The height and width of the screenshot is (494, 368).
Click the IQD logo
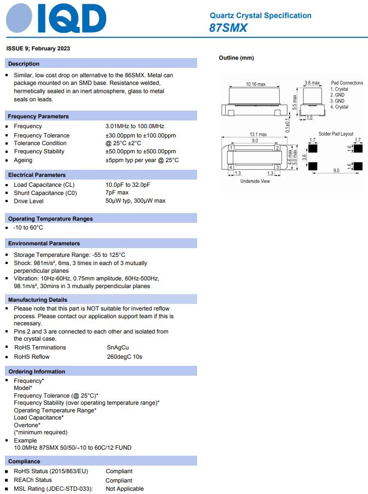click(56, 20)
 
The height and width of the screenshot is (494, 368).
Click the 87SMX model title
click(228, 28)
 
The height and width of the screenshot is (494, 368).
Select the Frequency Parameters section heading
click(38, 116)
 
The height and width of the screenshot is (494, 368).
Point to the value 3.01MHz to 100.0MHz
click(135, 127)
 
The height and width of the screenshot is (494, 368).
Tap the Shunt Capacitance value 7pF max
click(117, 193)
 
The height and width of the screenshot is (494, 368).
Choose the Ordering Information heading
click(37, 371)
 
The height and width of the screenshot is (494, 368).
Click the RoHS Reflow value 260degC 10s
click(124, 357)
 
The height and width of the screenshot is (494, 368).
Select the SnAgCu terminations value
click(118, 347)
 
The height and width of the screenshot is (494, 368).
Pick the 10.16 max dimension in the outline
click(256, 84)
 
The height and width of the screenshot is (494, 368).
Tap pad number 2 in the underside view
click(278, 148)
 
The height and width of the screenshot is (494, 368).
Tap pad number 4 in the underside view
click(231, 167)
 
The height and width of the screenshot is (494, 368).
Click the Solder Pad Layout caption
click(336, 134)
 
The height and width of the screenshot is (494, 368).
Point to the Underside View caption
click(255, 181)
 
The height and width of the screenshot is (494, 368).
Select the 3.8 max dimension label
click(312, 83)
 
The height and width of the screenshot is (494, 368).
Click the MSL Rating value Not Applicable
click(125, 489)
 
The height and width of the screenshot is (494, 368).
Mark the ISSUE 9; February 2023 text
click(38, 49)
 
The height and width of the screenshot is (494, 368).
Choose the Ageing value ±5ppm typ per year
click(142, 160)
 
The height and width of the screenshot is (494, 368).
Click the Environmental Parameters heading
click(44, 243)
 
